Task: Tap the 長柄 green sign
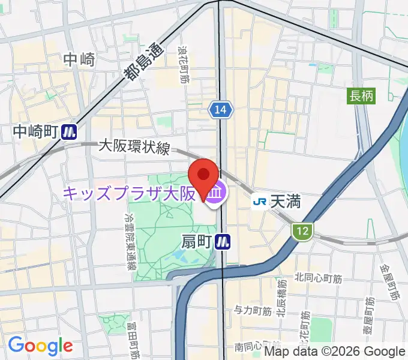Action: pos(362,95)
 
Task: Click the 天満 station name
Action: pos(285,202)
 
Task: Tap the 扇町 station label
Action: pos(196,241)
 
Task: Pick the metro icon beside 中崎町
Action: pos(70,131)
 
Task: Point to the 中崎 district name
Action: pos(79,59)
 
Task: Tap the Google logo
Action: pos(40,346)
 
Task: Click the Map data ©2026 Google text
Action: pos(335,352)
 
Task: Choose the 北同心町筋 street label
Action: pos(318,277)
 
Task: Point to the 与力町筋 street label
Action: pos(253,310)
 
